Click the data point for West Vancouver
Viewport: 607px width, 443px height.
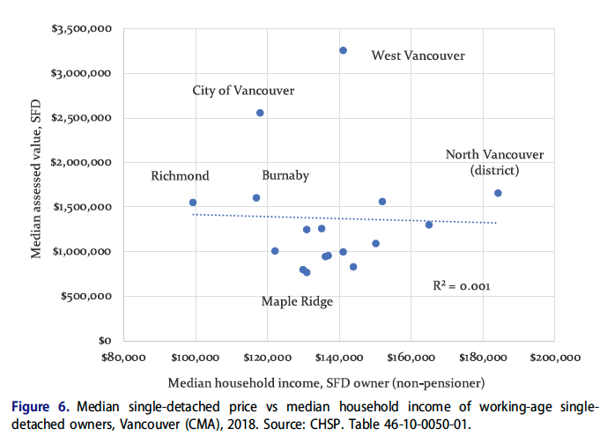pos(343,50)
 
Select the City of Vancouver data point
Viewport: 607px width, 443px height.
pos(260,113)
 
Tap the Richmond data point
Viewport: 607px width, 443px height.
pos(193,203)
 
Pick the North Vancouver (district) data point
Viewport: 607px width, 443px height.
pos(498,193)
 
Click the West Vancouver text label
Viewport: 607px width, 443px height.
pos(418,56)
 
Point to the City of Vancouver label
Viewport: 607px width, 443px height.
pos(243,91)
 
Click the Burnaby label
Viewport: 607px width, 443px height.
pos(285,175)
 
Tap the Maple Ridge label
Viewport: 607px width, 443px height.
pos(297,301)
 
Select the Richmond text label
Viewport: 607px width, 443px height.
pos(180,175)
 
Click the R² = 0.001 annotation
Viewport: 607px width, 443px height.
pos(461,286)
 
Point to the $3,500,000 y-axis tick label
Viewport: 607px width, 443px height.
pos(81,29)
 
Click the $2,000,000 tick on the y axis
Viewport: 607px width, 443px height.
pos(81,163)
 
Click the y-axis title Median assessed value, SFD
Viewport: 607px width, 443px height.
pos(37,184)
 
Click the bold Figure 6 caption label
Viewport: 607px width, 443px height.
pos(41,407)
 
